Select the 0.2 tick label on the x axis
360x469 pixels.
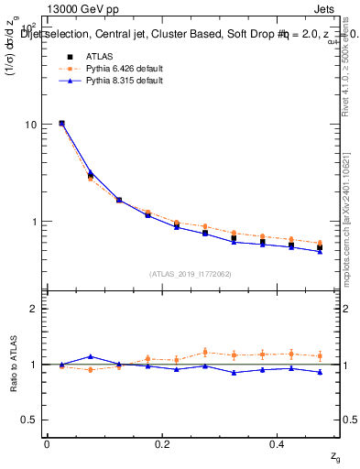coord(163,443)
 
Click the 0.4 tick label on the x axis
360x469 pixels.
coord(279,443)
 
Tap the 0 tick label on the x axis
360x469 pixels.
coord(47,443)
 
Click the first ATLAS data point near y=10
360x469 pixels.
coord(61,123)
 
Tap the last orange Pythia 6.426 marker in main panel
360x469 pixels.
coord(320,243)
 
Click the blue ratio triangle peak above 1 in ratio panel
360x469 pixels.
coord(90,356)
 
